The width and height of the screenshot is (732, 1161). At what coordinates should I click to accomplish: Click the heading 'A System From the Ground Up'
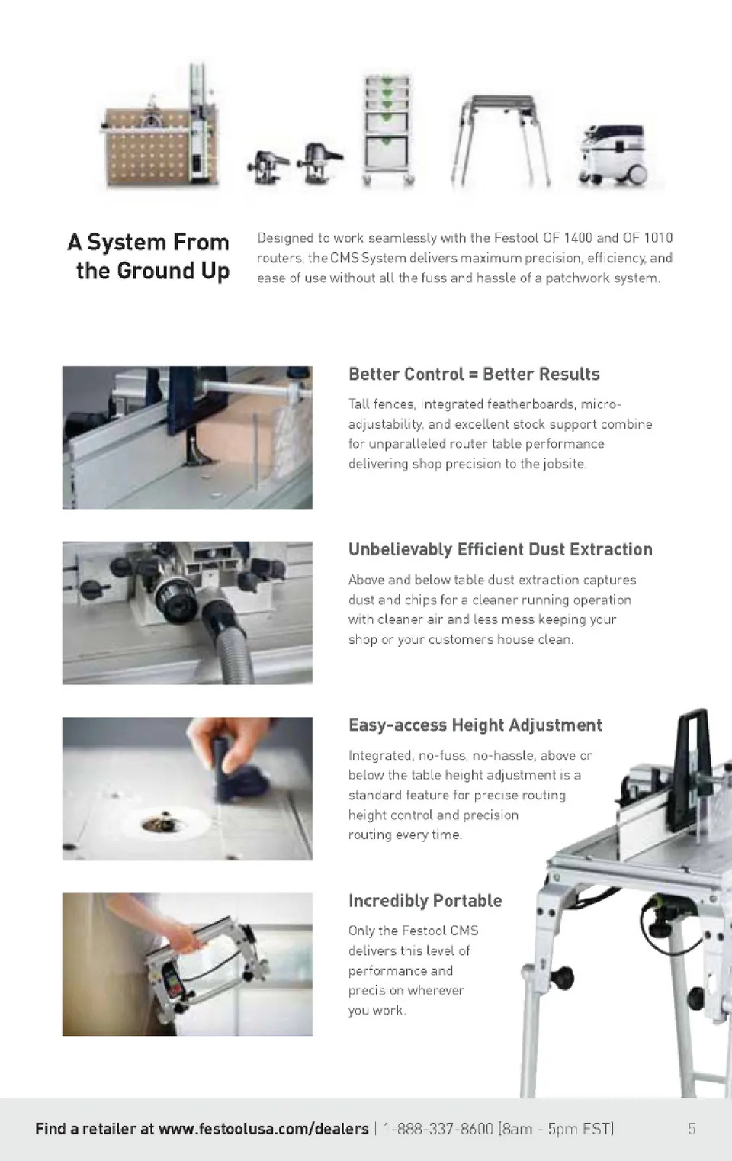point(148,256)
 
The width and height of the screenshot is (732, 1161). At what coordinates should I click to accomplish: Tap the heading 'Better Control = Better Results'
point(474,374)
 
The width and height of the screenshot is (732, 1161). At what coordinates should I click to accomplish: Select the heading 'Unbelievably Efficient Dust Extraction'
point(500,549)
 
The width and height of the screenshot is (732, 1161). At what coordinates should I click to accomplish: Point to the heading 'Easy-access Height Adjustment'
point(475,725)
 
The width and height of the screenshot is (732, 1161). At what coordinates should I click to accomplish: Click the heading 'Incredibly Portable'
point(425,901)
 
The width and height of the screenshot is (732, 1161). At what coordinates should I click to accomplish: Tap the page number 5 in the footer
point(692,1128)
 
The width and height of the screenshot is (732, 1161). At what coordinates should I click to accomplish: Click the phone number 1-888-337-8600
point(438,1128)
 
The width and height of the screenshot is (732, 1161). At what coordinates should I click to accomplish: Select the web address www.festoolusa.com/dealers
point(263,1128)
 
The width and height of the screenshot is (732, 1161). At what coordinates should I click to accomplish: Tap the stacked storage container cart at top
point(387,130)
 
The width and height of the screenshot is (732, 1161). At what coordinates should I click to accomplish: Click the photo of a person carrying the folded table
point(188,964)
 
